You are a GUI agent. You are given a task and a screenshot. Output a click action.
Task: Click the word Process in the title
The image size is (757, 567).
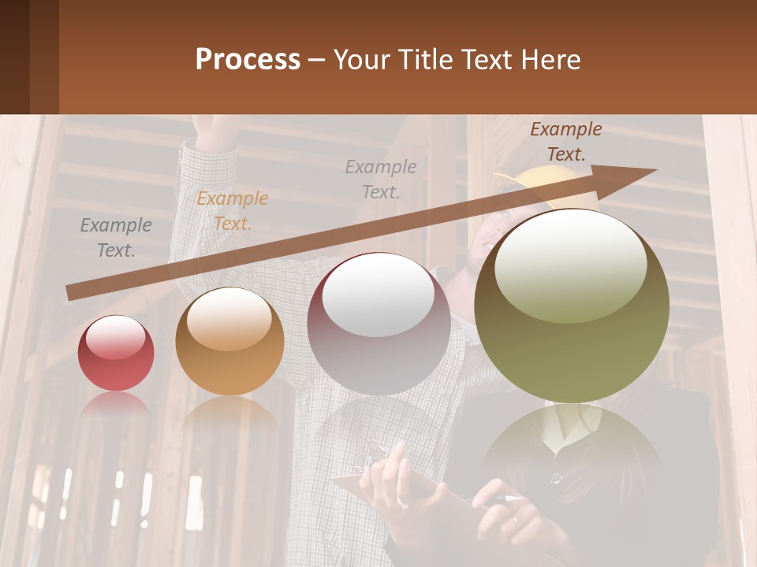click(x=248, y=60)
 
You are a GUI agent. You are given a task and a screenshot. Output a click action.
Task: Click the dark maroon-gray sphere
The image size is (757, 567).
click(x=379, y=324)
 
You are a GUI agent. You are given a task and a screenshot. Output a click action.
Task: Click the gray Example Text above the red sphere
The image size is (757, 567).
click(x=116, y=238)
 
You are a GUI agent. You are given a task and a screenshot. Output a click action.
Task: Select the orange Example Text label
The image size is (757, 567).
click(x=233, y=211)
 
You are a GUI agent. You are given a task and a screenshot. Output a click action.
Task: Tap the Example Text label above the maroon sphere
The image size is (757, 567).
click(x=381, y=179)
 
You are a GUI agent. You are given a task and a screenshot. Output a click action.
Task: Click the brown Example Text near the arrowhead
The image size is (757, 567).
click(x=565, y=142)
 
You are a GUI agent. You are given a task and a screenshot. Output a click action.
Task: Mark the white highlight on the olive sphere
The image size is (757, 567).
click(x=570, y=264)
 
